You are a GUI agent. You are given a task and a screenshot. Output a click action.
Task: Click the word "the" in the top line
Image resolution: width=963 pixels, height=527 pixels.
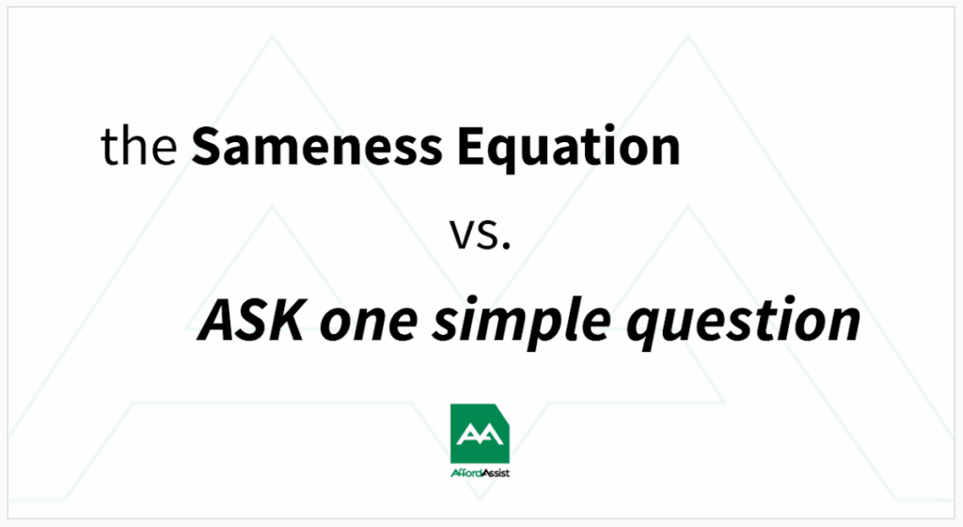(x=139, y=145)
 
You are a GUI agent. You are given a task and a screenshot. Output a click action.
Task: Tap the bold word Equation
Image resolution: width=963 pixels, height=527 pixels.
(x=569, y=149)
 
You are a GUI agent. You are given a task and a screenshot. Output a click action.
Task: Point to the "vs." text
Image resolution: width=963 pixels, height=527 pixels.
(x=481, y=234)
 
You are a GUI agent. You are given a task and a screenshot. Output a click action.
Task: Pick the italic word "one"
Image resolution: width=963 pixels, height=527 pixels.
(x=369, y=326)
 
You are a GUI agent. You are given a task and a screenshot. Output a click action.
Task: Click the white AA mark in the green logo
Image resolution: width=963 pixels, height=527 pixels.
(x=480, y=434)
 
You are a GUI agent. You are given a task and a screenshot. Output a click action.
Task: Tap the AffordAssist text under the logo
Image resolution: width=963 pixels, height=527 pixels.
(x=480, y=473)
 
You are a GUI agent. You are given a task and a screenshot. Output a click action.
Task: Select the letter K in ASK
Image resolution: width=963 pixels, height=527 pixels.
(x=284, y=321)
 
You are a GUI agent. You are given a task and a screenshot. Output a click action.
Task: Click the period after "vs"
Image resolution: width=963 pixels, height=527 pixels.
(x=506, y=247)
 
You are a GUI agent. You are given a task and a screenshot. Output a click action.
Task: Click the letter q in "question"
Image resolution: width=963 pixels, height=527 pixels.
(x=646, y=329)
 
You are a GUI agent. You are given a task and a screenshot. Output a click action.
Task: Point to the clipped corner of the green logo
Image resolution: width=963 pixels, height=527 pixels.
(x=502, y=411)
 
